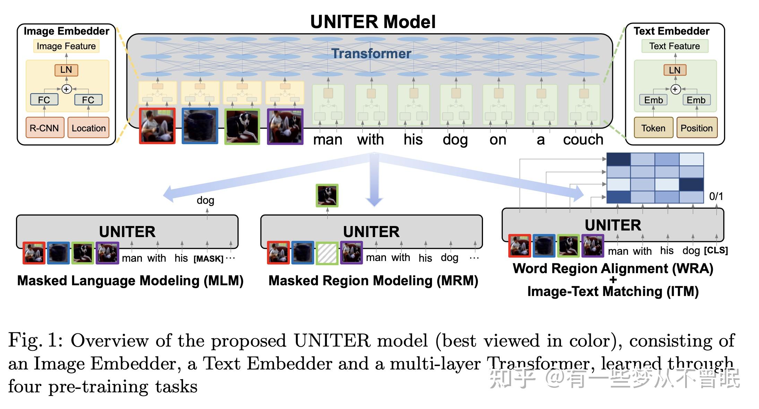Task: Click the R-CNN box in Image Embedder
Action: coord(45,128)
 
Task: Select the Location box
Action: coord(88,128)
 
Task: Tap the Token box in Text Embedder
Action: coord(653,128)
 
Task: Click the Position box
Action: coord(697,128)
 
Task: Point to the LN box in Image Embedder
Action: coord(66,70)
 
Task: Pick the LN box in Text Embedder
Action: coord(675,70)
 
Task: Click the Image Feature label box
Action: coord(66,46)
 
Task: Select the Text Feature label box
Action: coord(675,46)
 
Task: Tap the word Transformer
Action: coord(371,53)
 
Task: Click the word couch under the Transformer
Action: coord(583,140)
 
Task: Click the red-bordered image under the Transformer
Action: coord(157,126)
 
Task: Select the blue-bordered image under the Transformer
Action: coord(200,126)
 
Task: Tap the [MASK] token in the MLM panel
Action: coord(208,259)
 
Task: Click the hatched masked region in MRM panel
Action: coord(327,253)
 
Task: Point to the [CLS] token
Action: coord(716,250)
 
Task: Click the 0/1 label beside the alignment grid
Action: coord(716,197)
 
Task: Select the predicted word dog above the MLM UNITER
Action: coord(205,200)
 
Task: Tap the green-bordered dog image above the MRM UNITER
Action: coord(327,195)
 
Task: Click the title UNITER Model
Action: coord(373,22)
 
